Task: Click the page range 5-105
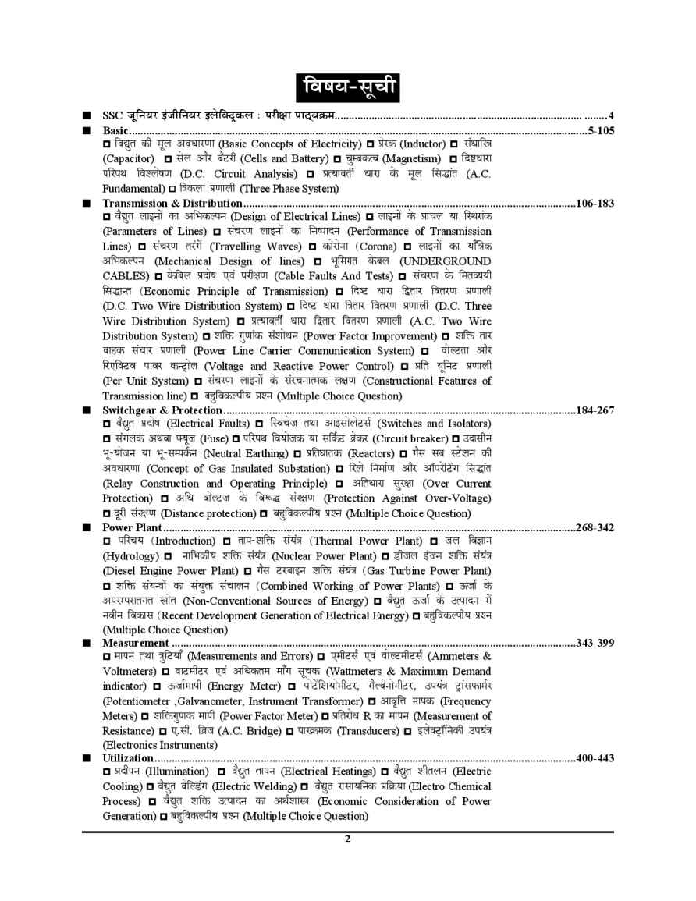click(x=601, y=130)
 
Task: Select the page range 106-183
click(x=595, y=204)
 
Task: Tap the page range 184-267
click(x=595, y=410)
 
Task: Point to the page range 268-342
click(x=595, y=528)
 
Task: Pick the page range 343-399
click(x=595, y=643)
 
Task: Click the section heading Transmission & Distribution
click(x=172, y=204)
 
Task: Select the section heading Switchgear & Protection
click(x=163, y=410)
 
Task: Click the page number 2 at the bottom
click(x=348, y=839)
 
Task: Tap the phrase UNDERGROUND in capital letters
click(x=446, y=261)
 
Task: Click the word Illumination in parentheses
click(x=182, y=772)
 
